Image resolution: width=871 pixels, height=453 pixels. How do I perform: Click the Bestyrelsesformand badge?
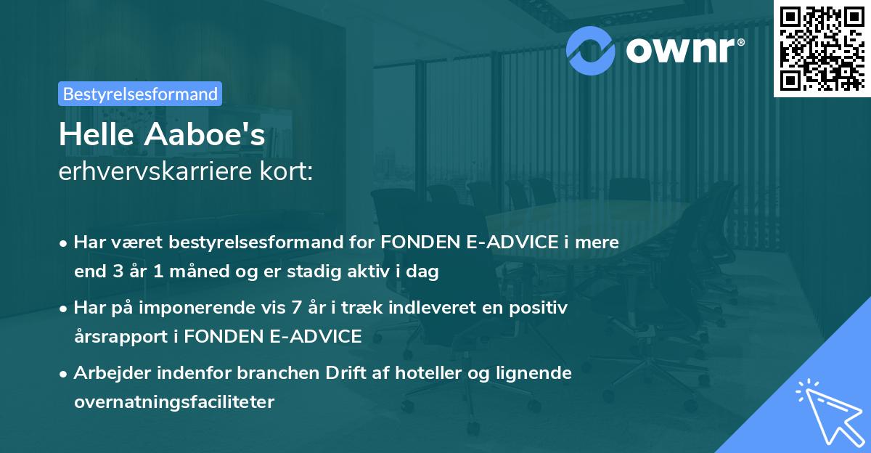pyautogui.click(x=139, y=94)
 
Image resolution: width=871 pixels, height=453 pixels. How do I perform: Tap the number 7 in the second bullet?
pyautogui.click(x=296, y=308)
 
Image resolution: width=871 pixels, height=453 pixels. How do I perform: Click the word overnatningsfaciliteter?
pyautogui.click(x=174, y=402)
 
